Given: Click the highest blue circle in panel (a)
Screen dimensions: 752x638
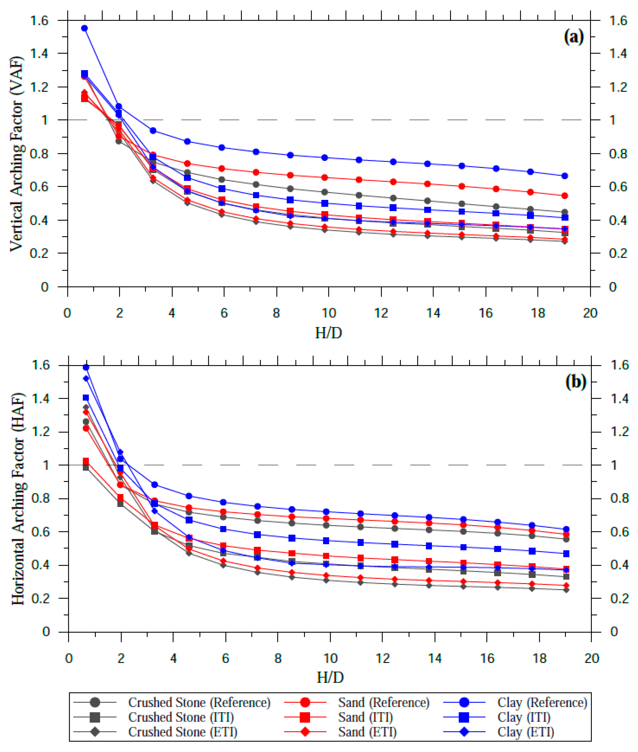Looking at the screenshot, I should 84,28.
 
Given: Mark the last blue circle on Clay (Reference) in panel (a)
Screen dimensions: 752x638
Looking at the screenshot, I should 565,176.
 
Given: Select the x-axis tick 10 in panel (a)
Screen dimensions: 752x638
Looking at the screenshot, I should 328,313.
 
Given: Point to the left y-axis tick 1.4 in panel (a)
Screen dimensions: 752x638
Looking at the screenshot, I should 39,54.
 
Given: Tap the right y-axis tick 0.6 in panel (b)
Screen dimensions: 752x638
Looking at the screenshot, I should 619,532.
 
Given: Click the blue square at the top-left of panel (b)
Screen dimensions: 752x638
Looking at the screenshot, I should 86,398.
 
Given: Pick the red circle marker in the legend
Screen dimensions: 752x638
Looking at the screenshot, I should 305,702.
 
